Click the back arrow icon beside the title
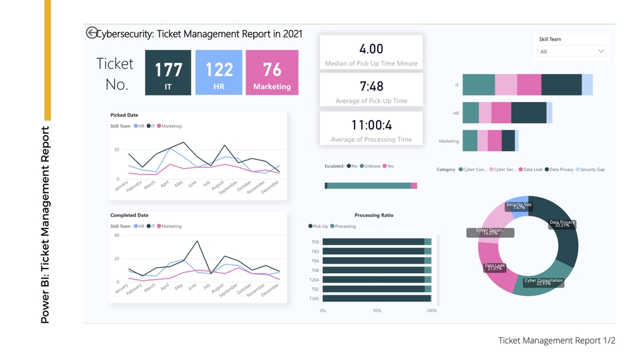point(91,33)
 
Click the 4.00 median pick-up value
point(371,49)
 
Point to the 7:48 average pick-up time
point(371,86)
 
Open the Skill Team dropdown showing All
point(572,51)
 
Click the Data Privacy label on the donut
point(562,224)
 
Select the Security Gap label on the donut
point(519,206)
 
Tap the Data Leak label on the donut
point(495,267)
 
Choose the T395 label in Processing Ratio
point(314,299)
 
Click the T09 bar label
point(315,242)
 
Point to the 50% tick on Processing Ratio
point(377,311)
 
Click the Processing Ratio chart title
point(374,215)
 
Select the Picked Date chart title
point(124,115)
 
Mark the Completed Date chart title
point(129,215)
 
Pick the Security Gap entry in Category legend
point(591,170)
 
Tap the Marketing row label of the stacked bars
point(449,141)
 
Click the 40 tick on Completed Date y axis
point(116,235)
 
